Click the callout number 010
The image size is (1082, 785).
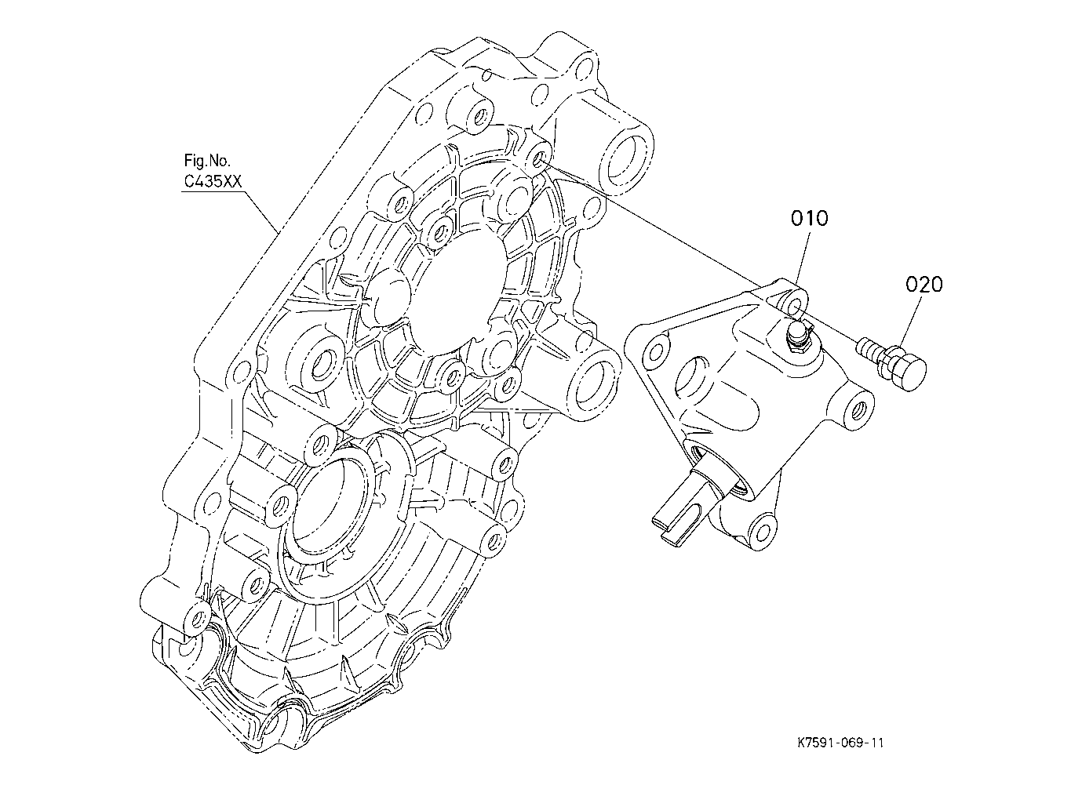coord(810,218)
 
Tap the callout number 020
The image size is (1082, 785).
coord(924,285)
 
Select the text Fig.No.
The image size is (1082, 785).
coord(207,160)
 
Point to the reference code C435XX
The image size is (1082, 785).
coord(213,181)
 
